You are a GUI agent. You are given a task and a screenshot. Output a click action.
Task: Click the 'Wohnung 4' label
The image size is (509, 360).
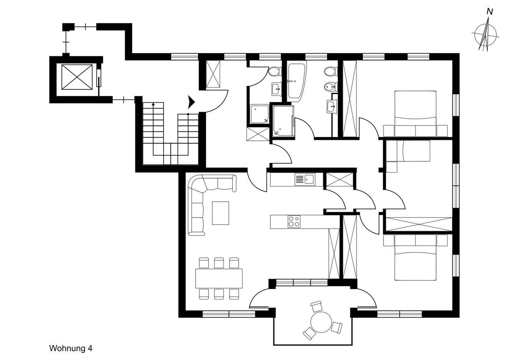[71, 348]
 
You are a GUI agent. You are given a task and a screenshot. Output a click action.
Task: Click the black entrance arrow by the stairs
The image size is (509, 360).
[192, 102]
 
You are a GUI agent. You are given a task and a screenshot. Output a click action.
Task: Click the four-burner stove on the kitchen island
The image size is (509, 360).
[294, 222]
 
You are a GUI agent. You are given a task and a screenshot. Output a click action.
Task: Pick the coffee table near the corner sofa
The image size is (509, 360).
[220, 213]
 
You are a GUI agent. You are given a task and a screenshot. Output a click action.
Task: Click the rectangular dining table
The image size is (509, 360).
[219, 278]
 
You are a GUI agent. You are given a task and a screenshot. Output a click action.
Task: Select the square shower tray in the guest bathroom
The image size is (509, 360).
[259, 114]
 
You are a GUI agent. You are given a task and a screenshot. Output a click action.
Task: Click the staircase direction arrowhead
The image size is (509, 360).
[153, 104]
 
